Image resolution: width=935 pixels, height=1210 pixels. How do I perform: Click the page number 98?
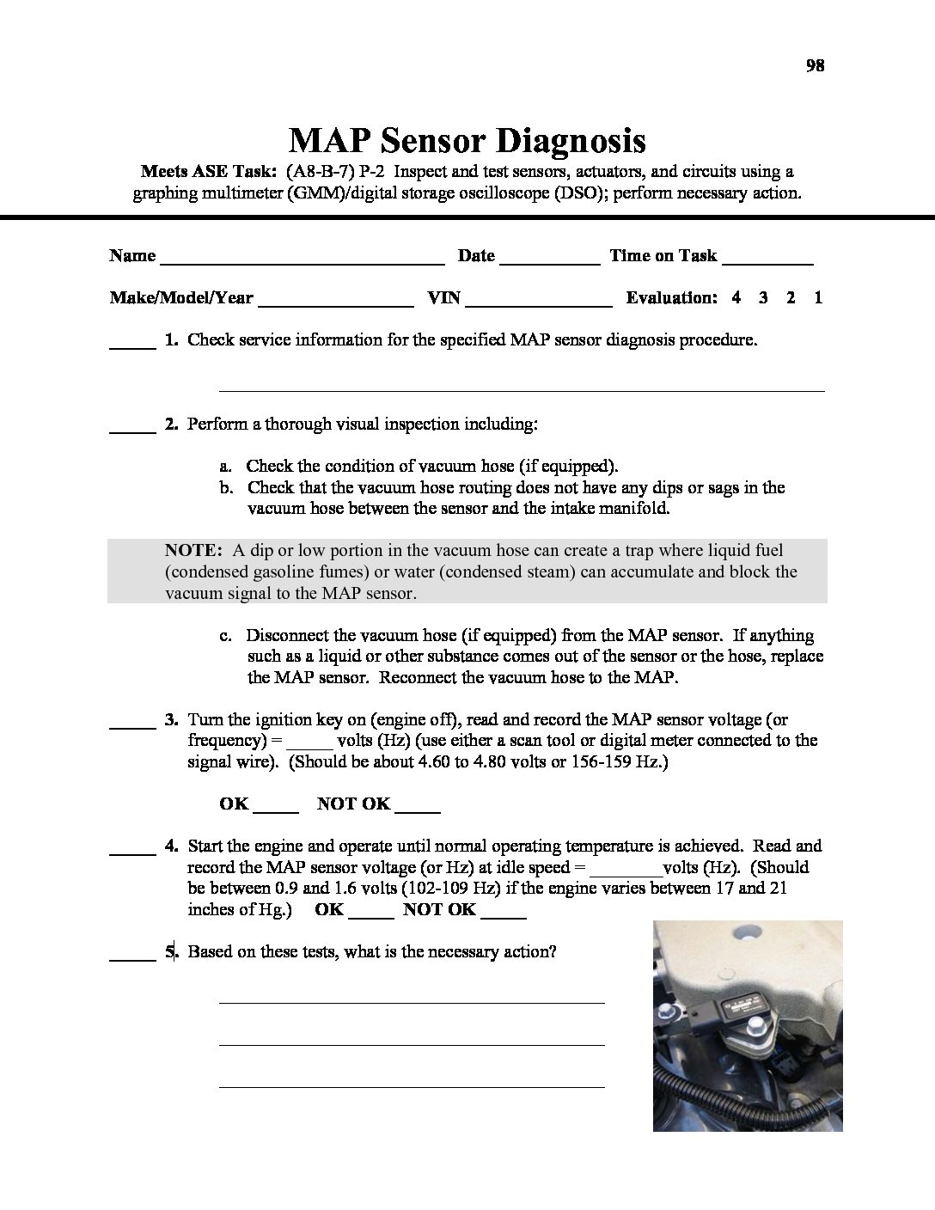pyautogui.click(x=815, y=65)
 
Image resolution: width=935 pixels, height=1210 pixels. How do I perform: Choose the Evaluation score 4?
pyautogui.click(x=736, y=297)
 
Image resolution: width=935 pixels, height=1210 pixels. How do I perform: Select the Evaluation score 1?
pyautogui.click(x=818, y=297)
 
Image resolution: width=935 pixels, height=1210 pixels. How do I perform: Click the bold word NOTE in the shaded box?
pyautogui.click(x=194, y=550)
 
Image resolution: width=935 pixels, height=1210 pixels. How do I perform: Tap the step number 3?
pyautogui.click(x=172, y=719)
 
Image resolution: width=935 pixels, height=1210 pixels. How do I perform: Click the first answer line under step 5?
pyautogui.click(x=412, y=1000)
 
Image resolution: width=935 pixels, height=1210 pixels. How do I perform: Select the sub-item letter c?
pyautogui.click(x=226, y=635)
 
